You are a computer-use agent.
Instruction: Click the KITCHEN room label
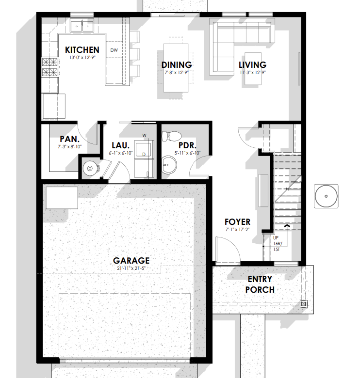82,50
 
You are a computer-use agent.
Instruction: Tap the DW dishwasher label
114,50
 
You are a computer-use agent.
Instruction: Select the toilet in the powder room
171,136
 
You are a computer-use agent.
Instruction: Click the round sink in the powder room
169,165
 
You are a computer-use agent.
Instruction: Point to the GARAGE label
131,260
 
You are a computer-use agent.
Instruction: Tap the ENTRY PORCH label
260,284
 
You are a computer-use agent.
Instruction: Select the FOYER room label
237,222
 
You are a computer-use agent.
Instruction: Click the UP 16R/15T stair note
277,243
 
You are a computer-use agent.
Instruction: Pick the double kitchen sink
82,26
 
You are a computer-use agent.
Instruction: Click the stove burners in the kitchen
50,67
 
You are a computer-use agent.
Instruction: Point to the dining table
176,68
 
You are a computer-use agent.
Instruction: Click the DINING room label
177,65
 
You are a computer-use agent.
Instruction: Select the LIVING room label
253,65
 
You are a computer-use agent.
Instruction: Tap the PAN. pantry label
70,139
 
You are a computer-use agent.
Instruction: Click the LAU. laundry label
121,145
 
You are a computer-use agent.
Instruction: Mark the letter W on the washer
144,136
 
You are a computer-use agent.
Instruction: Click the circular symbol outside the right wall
326,196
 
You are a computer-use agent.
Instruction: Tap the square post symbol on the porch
304,304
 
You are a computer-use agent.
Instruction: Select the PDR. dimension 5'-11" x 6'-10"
187,153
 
